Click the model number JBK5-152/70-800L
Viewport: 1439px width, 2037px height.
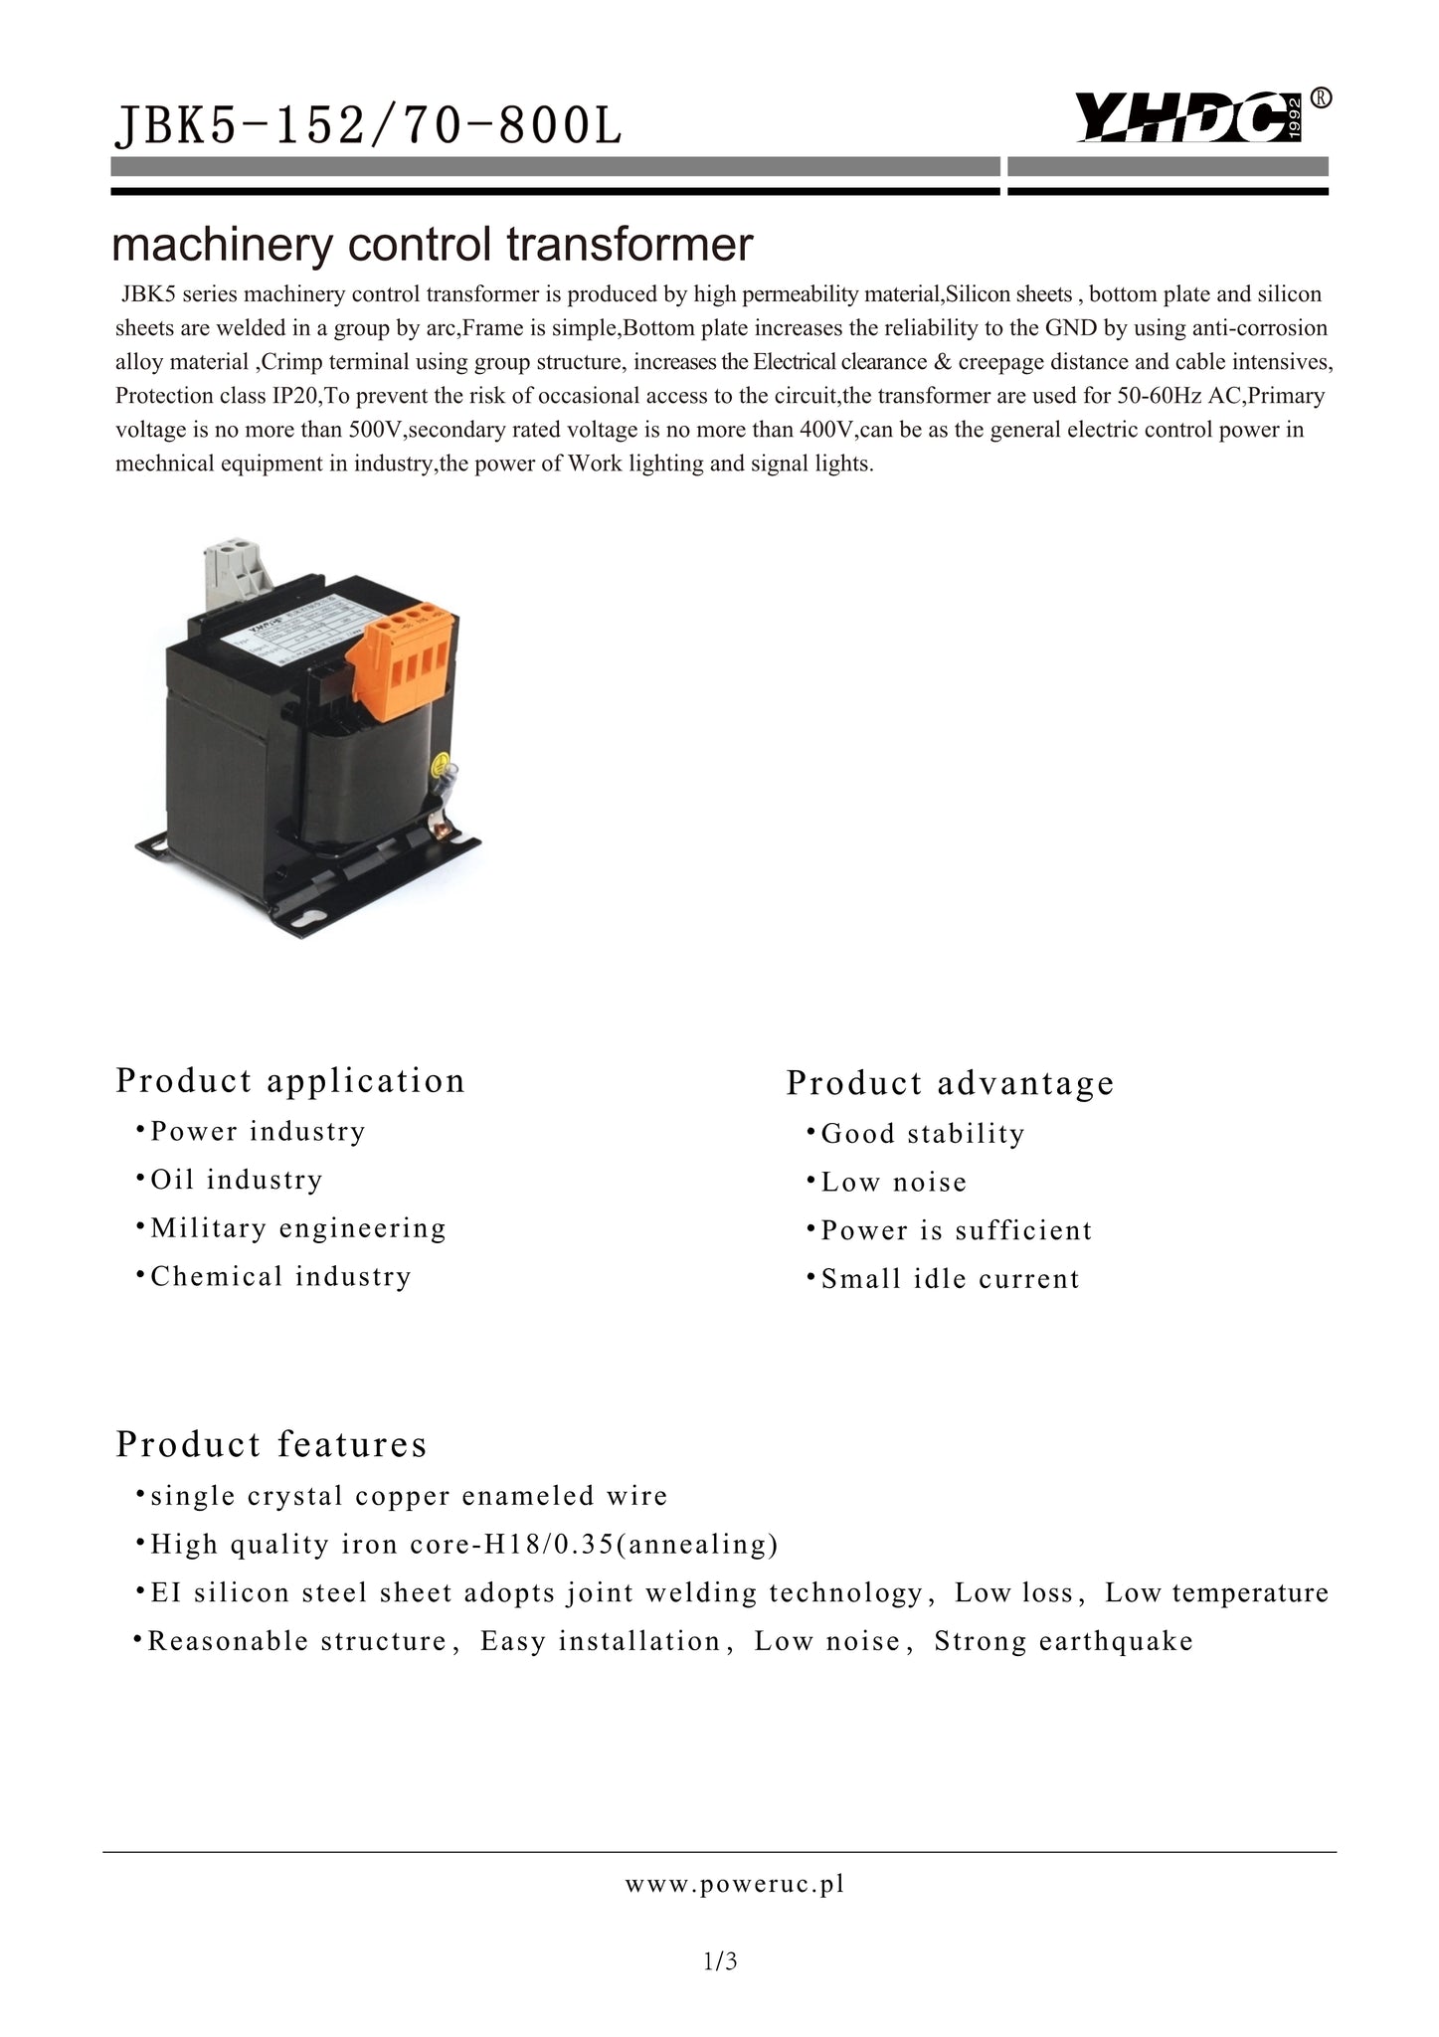coord(369,126)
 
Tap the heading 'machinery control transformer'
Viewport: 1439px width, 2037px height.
coord(432,245)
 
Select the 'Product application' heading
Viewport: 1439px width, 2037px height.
coord(290,1080)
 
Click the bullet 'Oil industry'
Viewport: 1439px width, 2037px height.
coord(237,1180)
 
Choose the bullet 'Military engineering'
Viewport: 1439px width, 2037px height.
coord(298,1228)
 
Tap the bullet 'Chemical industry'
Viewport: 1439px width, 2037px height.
coord(280,1276)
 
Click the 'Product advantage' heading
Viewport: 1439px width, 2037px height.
coord(950,1082)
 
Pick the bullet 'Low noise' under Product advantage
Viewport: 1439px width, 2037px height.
coord(893,1183)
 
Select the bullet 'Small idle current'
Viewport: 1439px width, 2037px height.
coord(950,1279)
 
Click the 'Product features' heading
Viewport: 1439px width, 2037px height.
coord(271,1444)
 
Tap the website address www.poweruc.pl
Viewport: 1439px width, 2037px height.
coord(735,1884)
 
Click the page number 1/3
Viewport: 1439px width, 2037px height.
coord(719,1962)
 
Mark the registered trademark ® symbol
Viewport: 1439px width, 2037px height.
coord(1321,97)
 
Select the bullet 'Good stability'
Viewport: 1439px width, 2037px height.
coord(922,1134)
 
